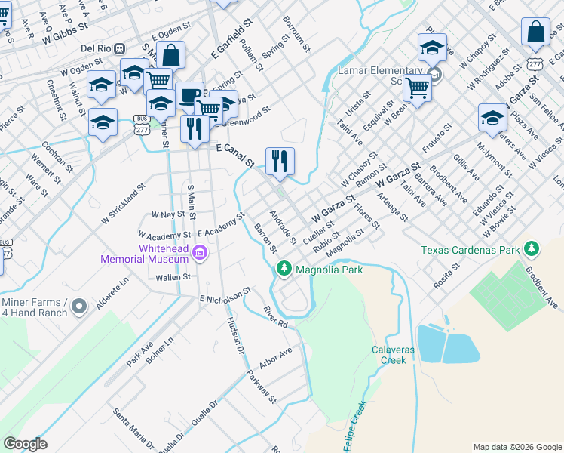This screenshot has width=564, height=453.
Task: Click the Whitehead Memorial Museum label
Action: click(144, 254)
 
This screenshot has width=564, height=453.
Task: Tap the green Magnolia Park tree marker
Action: click(284, 268)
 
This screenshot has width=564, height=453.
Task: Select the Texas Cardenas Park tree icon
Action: click(532, 248)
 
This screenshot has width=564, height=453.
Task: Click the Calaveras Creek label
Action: click(388, 355)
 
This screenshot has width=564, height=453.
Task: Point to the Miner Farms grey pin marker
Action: click(81, 306)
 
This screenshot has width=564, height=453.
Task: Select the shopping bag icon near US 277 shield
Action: click(535, 32)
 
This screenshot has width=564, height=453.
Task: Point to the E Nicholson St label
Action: click(225, 296)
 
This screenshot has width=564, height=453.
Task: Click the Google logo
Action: click(25, 444)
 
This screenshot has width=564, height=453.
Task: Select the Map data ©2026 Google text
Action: click(516, 447)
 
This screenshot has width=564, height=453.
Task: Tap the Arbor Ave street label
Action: click(274, 359)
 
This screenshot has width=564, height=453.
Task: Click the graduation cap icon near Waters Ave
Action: click(492, 118)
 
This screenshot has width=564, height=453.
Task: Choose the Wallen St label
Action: click(173, 278)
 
